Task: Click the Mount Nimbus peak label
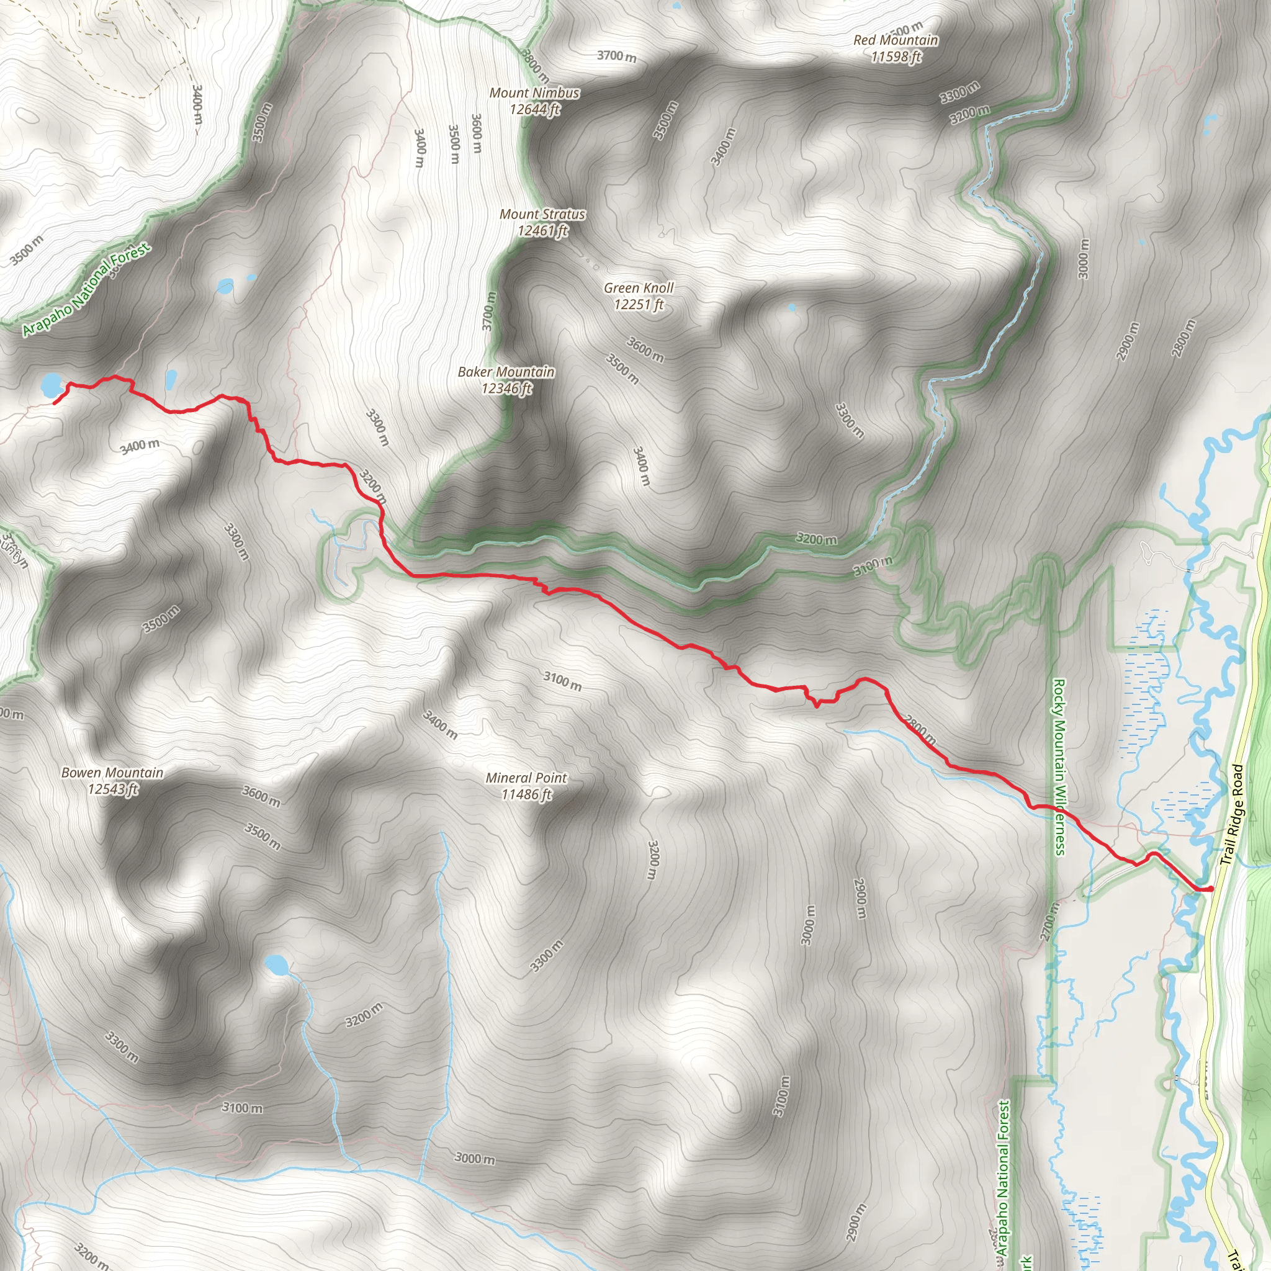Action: click(x=534, y=101)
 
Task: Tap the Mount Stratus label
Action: click(x=542, y=222)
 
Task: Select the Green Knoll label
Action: click(x=639, y=296)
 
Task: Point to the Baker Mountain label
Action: click(x=506, y=380)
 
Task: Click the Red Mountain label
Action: click(x=896, y=48)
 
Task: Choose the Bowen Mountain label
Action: click(x=112, y=780)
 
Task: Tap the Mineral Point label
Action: click(x=526, y=786)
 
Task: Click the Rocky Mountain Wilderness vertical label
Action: click(x=1059, y=767)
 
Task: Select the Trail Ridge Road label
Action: click(x=1231, y=814)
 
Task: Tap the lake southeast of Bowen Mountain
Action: click(x=276, y=965)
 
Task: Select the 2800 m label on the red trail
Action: click(x=920, y=730)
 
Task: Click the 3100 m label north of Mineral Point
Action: click(x=562, y=681)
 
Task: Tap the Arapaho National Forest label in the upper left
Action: click(x=86, y=290)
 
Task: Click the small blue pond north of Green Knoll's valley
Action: click(x=791, y=307)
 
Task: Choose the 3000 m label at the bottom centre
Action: click(x=475, y=1158)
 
